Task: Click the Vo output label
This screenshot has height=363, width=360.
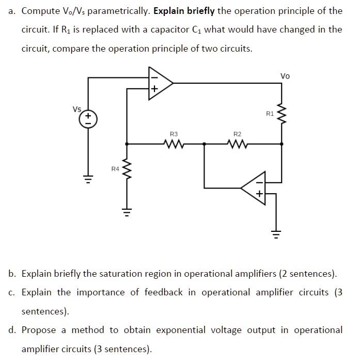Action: click(x=285, y=76)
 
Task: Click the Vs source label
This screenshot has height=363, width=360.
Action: click(x=77, y=108)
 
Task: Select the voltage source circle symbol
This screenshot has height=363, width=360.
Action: click(x=87, y=120)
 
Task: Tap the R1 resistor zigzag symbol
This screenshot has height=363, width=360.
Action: click(x=281, y=113)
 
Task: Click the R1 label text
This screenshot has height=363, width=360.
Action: click(x=270, y=113)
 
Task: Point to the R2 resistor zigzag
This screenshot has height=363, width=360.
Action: click(x=237, y=144)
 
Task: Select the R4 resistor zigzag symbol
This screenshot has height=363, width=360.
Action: click(x=127, y=168)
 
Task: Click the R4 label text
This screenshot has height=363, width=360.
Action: click(x=115, y=168)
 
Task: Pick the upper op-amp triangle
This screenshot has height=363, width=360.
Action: click(x=159, y=82)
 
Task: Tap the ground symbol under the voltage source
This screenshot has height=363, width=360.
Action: click(x=87, y=179)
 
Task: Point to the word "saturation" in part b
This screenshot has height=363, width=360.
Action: click(x=120, y=273)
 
